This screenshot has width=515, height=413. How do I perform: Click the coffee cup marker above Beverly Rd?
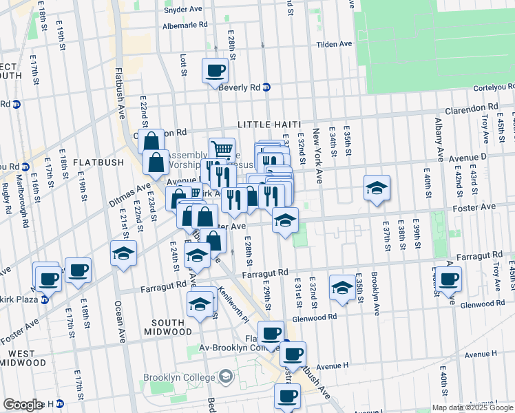tap(215, 70)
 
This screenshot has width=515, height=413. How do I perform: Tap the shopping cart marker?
tap(222, 149)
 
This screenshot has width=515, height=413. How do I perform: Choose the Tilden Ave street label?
tap(334, 44)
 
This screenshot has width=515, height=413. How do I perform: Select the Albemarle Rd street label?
tap(185, 24)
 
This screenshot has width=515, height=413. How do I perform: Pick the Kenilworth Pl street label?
tap(233, 306)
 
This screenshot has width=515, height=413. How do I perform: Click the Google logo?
tap(23, 405)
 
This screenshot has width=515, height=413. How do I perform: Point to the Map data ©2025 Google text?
tap(472, 407)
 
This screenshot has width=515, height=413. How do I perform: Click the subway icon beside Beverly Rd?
tap(266, 87)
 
